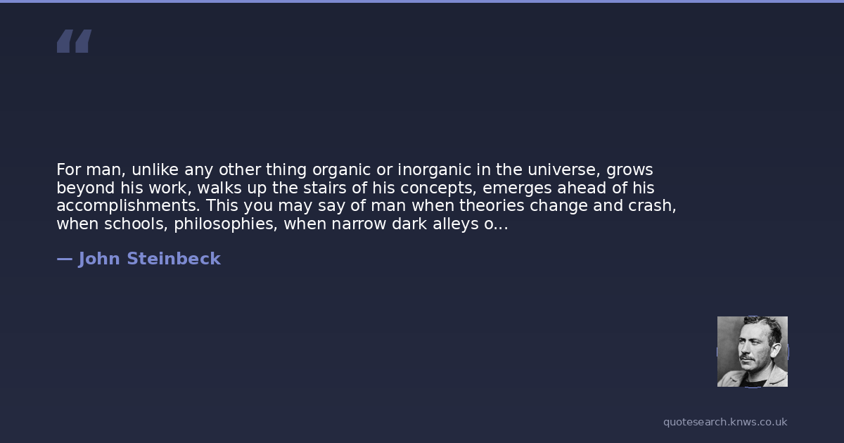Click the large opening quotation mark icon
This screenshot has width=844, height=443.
75,41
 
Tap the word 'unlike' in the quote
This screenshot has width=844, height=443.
155,169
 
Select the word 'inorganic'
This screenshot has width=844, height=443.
434,170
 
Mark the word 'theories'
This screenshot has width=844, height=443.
492,205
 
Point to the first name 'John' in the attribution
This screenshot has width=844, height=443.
99,259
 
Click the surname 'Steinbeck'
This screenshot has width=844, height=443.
174,259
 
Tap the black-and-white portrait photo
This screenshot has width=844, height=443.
753,352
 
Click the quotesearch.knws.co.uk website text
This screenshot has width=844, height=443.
725,423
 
